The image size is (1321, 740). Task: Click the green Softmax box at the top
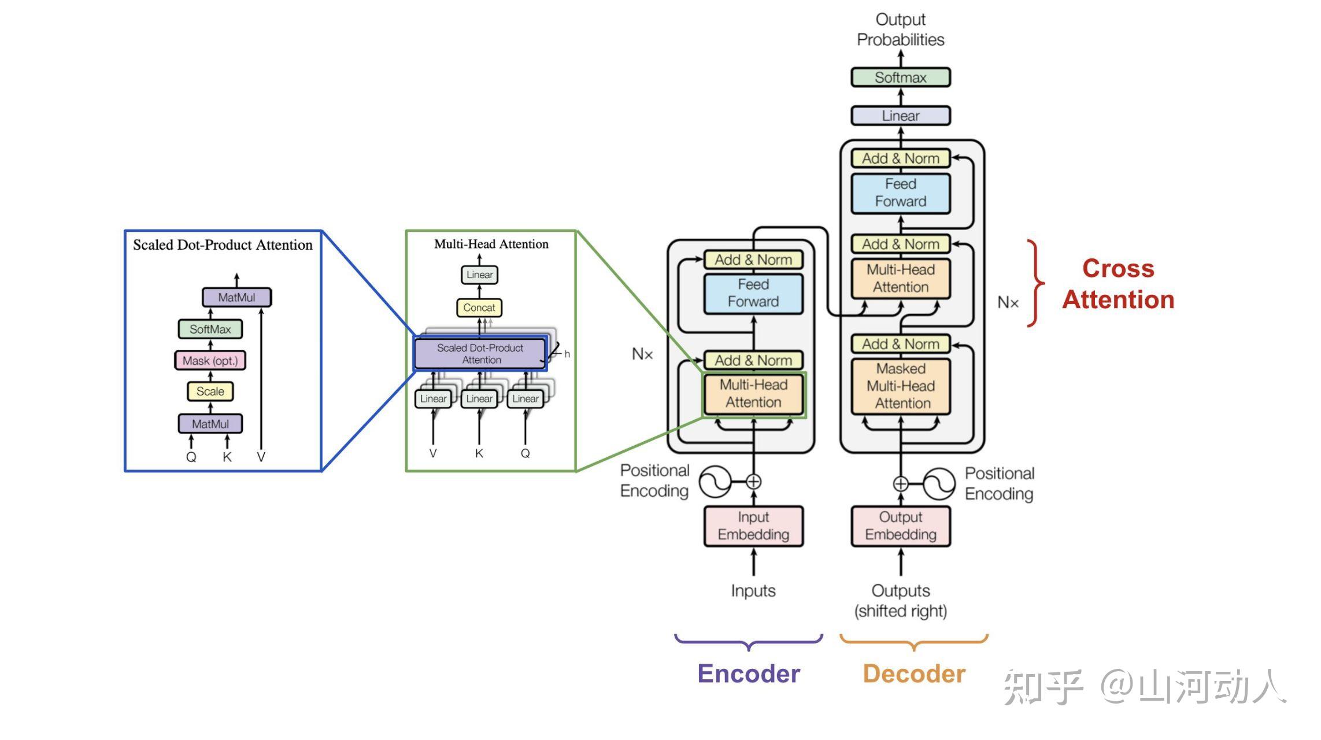point(900,77)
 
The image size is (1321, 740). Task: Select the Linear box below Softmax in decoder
point(900,116)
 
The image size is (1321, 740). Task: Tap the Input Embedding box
point(753,526)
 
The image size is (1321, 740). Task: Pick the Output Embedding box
point(900,526)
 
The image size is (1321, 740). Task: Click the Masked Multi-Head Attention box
point(900,386)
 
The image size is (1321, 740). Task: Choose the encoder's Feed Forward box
point(753,293)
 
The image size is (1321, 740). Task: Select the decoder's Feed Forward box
point(900,193)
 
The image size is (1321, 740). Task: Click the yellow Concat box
point(479,308)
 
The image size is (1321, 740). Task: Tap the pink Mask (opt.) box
point(210,361)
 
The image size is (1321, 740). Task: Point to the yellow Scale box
point(210,391)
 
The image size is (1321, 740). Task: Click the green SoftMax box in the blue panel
point(210,329)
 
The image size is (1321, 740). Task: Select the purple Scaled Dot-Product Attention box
point(480,353)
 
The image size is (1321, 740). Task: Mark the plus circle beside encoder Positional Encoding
point(753,481)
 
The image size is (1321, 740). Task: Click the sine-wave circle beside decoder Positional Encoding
point(938,483)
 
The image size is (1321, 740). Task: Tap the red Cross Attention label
point(1118,284)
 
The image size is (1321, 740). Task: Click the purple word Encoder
point(749,674)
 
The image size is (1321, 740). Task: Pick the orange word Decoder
point(914,674)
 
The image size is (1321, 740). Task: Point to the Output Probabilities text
point(900,29)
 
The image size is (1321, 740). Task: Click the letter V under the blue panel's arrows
point(261,457)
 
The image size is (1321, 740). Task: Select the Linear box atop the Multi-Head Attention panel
point(479,275)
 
